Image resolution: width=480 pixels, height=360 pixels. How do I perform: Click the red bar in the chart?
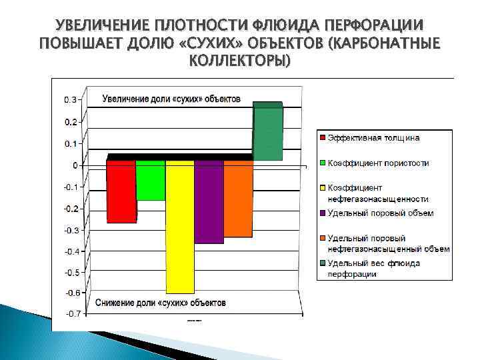(121, 191)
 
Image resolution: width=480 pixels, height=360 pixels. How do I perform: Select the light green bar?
(151, 180)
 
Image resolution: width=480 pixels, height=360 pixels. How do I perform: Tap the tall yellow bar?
(179, 227)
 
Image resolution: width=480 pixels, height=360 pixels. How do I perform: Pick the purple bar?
(209, 202)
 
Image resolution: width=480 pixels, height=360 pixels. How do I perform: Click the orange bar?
(238, 199)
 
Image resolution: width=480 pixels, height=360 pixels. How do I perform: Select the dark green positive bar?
(267, 132)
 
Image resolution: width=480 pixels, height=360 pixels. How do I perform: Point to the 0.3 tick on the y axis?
(70, 100)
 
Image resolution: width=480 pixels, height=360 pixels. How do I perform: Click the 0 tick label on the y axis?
(75, 165)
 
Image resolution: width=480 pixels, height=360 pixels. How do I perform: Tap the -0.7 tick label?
(71, 314)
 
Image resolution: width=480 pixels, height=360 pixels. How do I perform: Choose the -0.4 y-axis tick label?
(71, 251)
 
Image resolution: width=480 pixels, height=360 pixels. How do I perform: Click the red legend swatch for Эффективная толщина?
(322, 138)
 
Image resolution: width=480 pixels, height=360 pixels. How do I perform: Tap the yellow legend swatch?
(322, 188)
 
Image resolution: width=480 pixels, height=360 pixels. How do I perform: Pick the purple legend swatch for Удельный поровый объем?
(322, 213)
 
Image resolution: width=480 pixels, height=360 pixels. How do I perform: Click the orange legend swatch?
(322, 238)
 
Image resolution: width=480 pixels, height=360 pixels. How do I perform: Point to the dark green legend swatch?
(322, 263)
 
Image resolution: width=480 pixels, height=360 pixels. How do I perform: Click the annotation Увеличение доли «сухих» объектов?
(171, 99)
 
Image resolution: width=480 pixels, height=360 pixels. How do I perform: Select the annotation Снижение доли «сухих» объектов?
(161, 303)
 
